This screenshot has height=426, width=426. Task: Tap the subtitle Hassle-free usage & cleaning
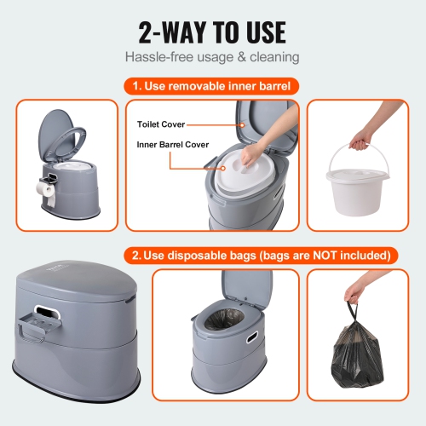click(212, 58)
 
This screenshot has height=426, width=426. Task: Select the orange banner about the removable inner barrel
click(212, 85)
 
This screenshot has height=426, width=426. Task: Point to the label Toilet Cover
click(161, 124)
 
